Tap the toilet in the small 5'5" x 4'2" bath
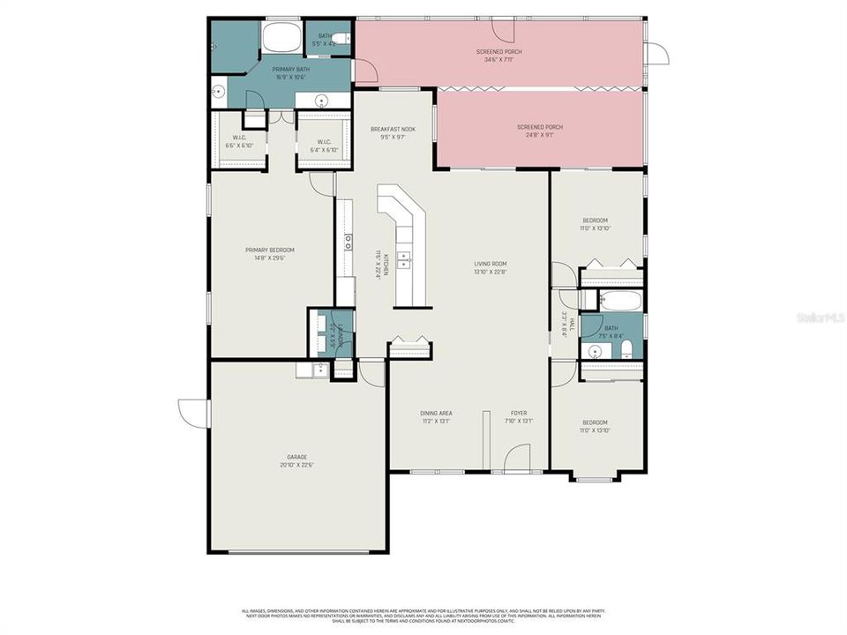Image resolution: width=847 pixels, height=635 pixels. tap(343, 39)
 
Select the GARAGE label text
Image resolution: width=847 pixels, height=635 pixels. tap(296, 457)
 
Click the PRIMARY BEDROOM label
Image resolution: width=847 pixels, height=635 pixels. tap(270, 250)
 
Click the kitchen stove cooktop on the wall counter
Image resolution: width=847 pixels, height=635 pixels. tap(349, 242)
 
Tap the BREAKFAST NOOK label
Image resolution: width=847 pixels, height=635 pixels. tap(393, 129)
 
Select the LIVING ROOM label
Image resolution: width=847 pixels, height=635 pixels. tap(490, 263)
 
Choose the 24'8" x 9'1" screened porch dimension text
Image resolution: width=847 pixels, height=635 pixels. tap(540, 135)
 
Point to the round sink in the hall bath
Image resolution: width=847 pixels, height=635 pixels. tap(596, 352)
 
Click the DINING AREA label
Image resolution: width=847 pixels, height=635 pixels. tap(437, 413)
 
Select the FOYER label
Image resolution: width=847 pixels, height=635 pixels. tap(518, 413)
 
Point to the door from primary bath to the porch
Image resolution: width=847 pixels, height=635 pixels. tap(364, 71)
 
